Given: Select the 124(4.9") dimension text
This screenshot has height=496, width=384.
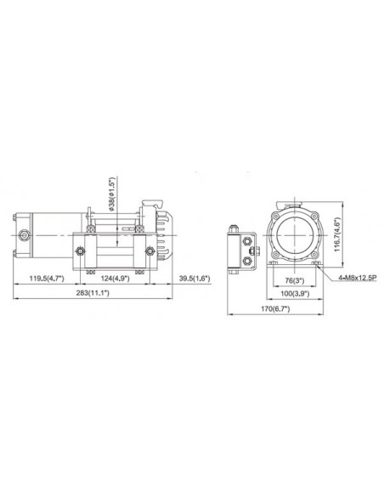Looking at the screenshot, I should click(x=116, y=279).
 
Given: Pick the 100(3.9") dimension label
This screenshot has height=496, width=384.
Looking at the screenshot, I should click(x=295, y=294).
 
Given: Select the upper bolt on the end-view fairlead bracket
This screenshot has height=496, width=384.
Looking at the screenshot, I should click(x=248, y=240).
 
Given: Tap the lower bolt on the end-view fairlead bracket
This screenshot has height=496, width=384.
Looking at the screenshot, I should click(x=248, y=255).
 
